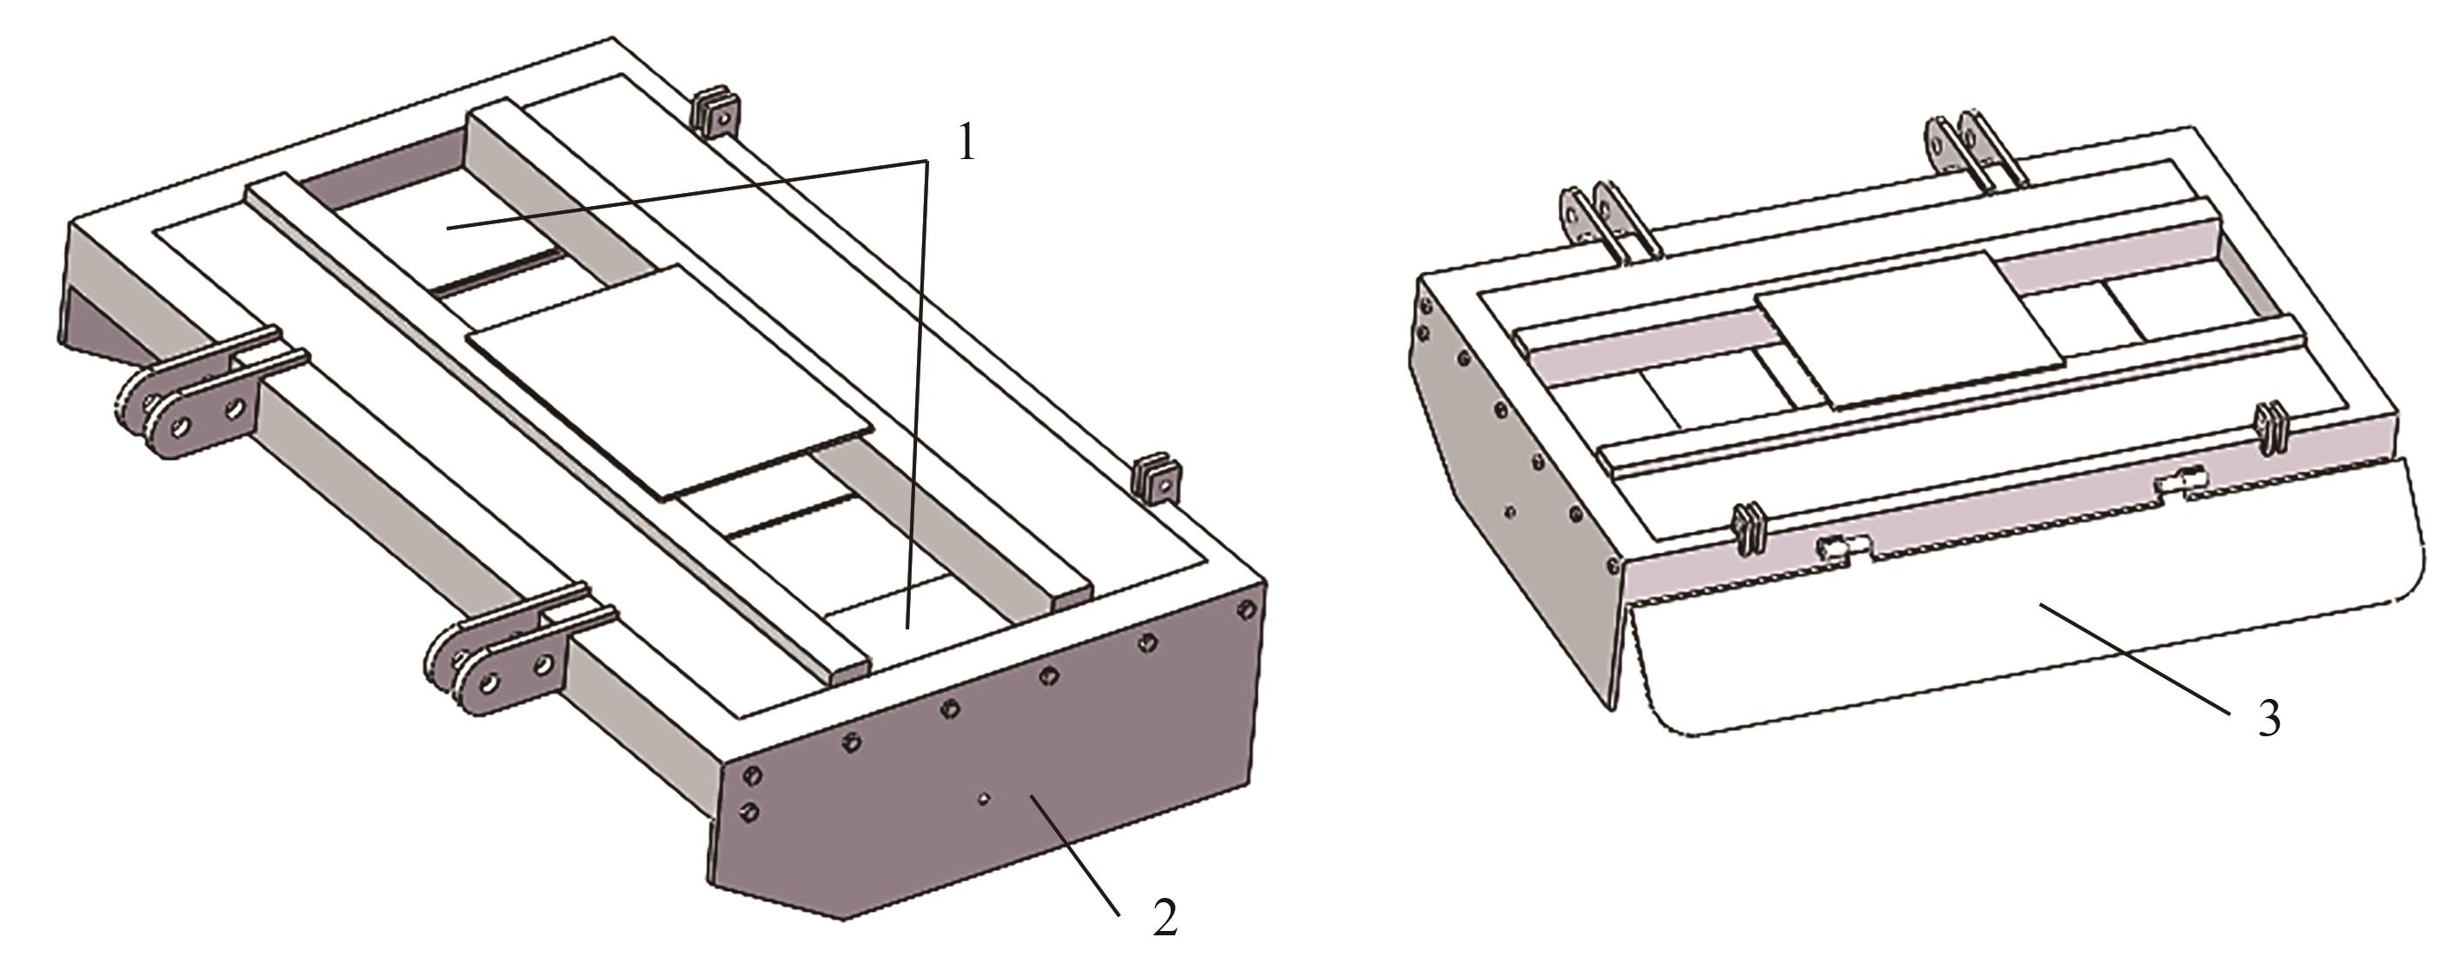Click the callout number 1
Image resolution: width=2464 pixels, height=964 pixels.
[x=966, y=143]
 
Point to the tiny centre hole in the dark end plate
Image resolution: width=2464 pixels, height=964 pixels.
[x=982, y=796]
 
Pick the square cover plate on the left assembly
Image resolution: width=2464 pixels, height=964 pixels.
[x=670, y=382]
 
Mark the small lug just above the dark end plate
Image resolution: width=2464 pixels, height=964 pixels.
[x=1157, y=479]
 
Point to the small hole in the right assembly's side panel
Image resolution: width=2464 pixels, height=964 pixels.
[x=1510, y=512]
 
